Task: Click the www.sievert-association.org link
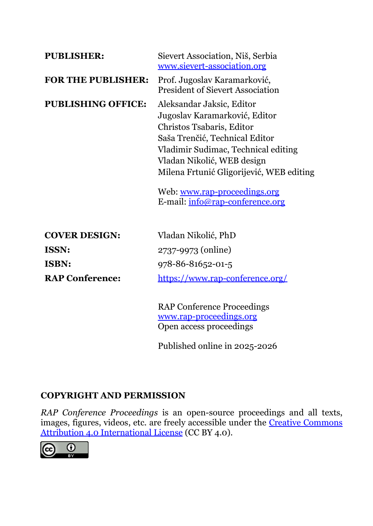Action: pos(212,66)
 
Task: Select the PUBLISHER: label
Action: pos(74,56)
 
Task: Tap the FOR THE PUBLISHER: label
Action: pos(96,80)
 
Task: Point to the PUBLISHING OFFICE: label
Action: pos(95,104)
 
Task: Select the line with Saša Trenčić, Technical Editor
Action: pos(216,138)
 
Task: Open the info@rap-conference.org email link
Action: pos(237,202)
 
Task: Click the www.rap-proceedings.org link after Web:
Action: pos(230,192)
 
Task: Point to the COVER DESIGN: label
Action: pos(82,236)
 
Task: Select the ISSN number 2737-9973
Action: pos(178,250)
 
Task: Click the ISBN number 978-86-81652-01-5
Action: pos(195,264)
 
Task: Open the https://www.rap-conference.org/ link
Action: pos(222,279)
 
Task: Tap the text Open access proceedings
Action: pos(205,327)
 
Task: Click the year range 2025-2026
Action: pos(255,346)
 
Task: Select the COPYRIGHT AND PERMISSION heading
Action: pos(113,396)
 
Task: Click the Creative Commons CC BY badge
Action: pos(64,450)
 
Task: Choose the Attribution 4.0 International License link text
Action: pos(111,433)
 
